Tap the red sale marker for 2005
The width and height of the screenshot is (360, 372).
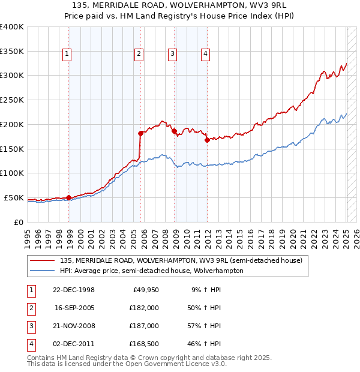click(x=140, y=133)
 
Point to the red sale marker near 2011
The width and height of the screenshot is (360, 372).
click(x=206, y=140)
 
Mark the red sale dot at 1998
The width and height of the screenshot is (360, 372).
click(x=68, y=197)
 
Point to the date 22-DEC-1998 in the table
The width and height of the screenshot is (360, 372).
click(x=74, y=290)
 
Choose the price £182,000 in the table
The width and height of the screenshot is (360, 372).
click(x=144, y=308)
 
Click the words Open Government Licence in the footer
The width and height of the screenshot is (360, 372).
click(x=173, y=364)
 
